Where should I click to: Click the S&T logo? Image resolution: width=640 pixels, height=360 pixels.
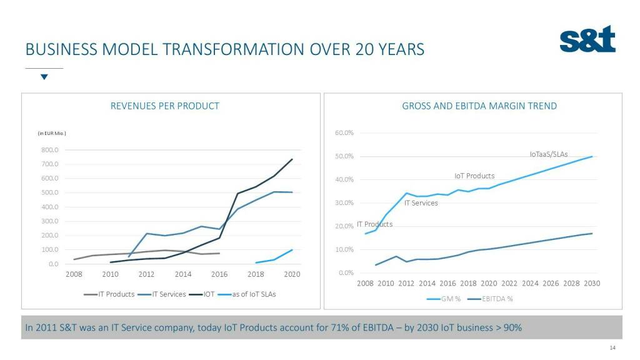pyautogui.click(x=587, y=39)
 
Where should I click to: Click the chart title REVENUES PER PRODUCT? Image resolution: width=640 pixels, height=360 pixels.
pyautogui.click(x=165, y=106)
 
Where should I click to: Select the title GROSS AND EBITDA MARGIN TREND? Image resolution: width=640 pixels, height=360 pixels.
pyautogui.click(x=479, y=106)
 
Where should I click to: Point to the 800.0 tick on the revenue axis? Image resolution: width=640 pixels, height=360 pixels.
pyautogui.click(x=50, y=150)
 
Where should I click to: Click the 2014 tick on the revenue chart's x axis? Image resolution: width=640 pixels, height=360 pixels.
pyautogui.click(x=183, y=274)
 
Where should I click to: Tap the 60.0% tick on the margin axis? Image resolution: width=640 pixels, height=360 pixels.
pyautogui.click(x=344, y=132)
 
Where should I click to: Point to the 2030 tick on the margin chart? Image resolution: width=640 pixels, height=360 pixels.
pyautogui.click(x=591, y=283)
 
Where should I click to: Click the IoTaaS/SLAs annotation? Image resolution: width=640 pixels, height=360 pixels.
pyautogui.click(x=548, y=154)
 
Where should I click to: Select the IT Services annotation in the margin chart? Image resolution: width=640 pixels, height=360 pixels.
pyautogui.click(x=421, y=202)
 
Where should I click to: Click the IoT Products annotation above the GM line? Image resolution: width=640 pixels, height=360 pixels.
pyautogui.click(x=474, y=176)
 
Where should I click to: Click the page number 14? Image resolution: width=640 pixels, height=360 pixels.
pyautogui.click(x=612, y=348)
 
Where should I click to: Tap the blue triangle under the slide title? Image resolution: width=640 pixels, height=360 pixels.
pyautogui.click(x=44, y=77)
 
